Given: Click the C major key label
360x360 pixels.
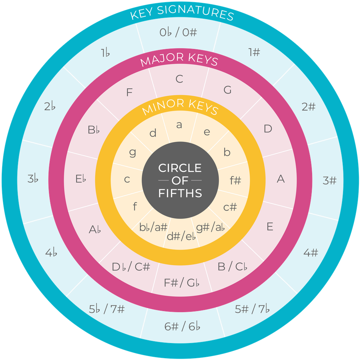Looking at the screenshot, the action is (x=179, y=79).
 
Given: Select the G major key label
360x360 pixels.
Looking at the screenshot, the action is (x=228, y=90).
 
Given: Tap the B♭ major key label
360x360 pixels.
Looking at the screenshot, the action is (x=94, y=130).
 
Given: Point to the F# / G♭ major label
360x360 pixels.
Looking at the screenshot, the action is (x=181, y=283).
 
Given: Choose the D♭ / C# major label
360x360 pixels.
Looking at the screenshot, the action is (x=131, y=267).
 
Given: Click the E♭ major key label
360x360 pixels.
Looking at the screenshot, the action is (x=81, y=179).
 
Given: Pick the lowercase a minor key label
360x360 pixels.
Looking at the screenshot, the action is (x=179, y=125).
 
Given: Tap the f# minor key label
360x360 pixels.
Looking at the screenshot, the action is (x=235, y=180).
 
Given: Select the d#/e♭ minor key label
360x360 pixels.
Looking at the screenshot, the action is (x=181, y=236).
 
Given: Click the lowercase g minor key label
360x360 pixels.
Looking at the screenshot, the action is (x=132, y=152).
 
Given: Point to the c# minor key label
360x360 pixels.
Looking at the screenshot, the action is (x=230, y=207).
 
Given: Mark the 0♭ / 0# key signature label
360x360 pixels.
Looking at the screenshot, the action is (x=178, y=32).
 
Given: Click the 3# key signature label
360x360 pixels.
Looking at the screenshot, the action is (x=329, y=180).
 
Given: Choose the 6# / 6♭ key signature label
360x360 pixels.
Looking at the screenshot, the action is (x=182, y=327).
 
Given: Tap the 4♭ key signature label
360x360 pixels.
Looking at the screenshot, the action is (x=51, y=253).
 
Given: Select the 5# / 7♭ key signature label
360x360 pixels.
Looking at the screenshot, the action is (x=252, y=309).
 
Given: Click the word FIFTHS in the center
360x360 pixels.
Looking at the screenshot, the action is (x=180, y=193).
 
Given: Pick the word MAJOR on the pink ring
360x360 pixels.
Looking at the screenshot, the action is (x=162, y=60).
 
